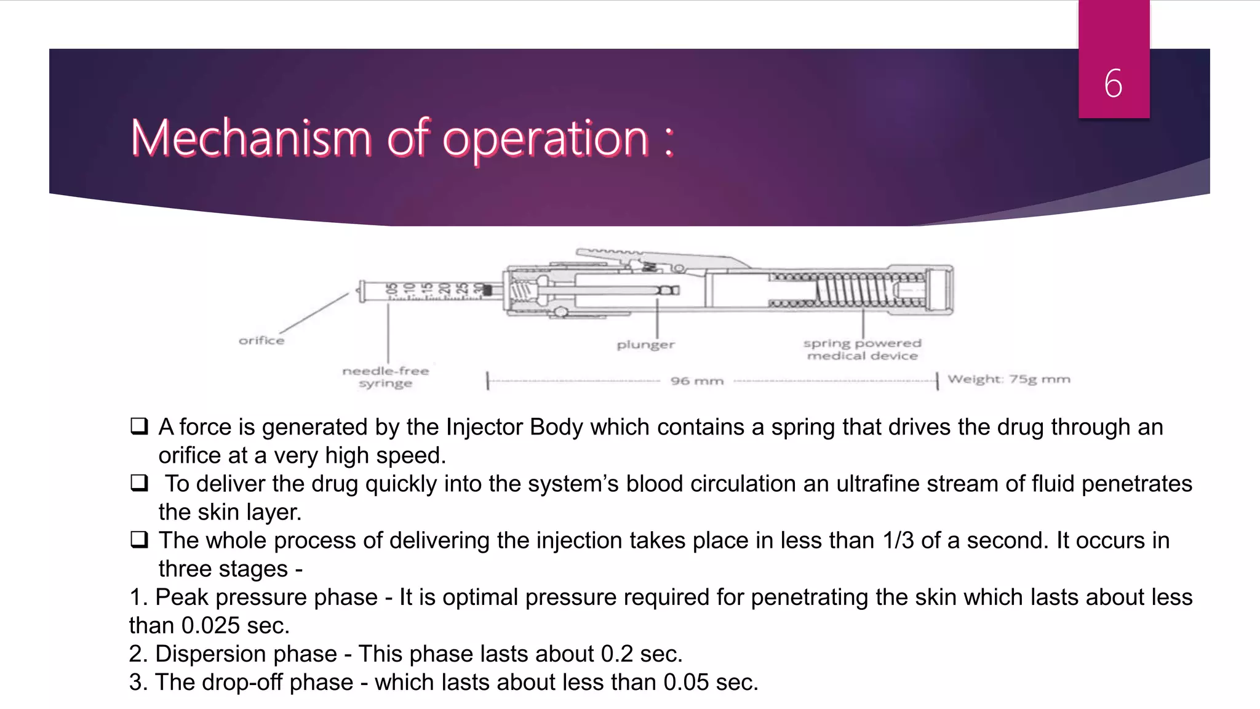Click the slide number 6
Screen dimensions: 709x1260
[1113, 83]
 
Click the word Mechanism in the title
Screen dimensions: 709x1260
[251, 138]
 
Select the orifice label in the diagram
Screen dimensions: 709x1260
[261, 340]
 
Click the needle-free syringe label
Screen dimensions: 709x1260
[386, 377]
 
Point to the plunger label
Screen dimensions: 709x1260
[645, 345]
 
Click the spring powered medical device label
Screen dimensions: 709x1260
[862, 349]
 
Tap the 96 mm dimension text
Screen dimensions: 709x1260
[696, 381]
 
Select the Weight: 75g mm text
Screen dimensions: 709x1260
[1008, 379]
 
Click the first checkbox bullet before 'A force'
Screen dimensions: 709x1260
[139, 426]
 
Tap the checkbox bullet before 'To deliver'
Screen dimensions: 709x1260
[139, 483]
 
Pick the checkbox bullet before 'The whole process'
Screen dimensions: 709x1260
[139, 539]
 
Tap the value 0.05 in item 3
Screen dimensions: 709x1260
[686, 682]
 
